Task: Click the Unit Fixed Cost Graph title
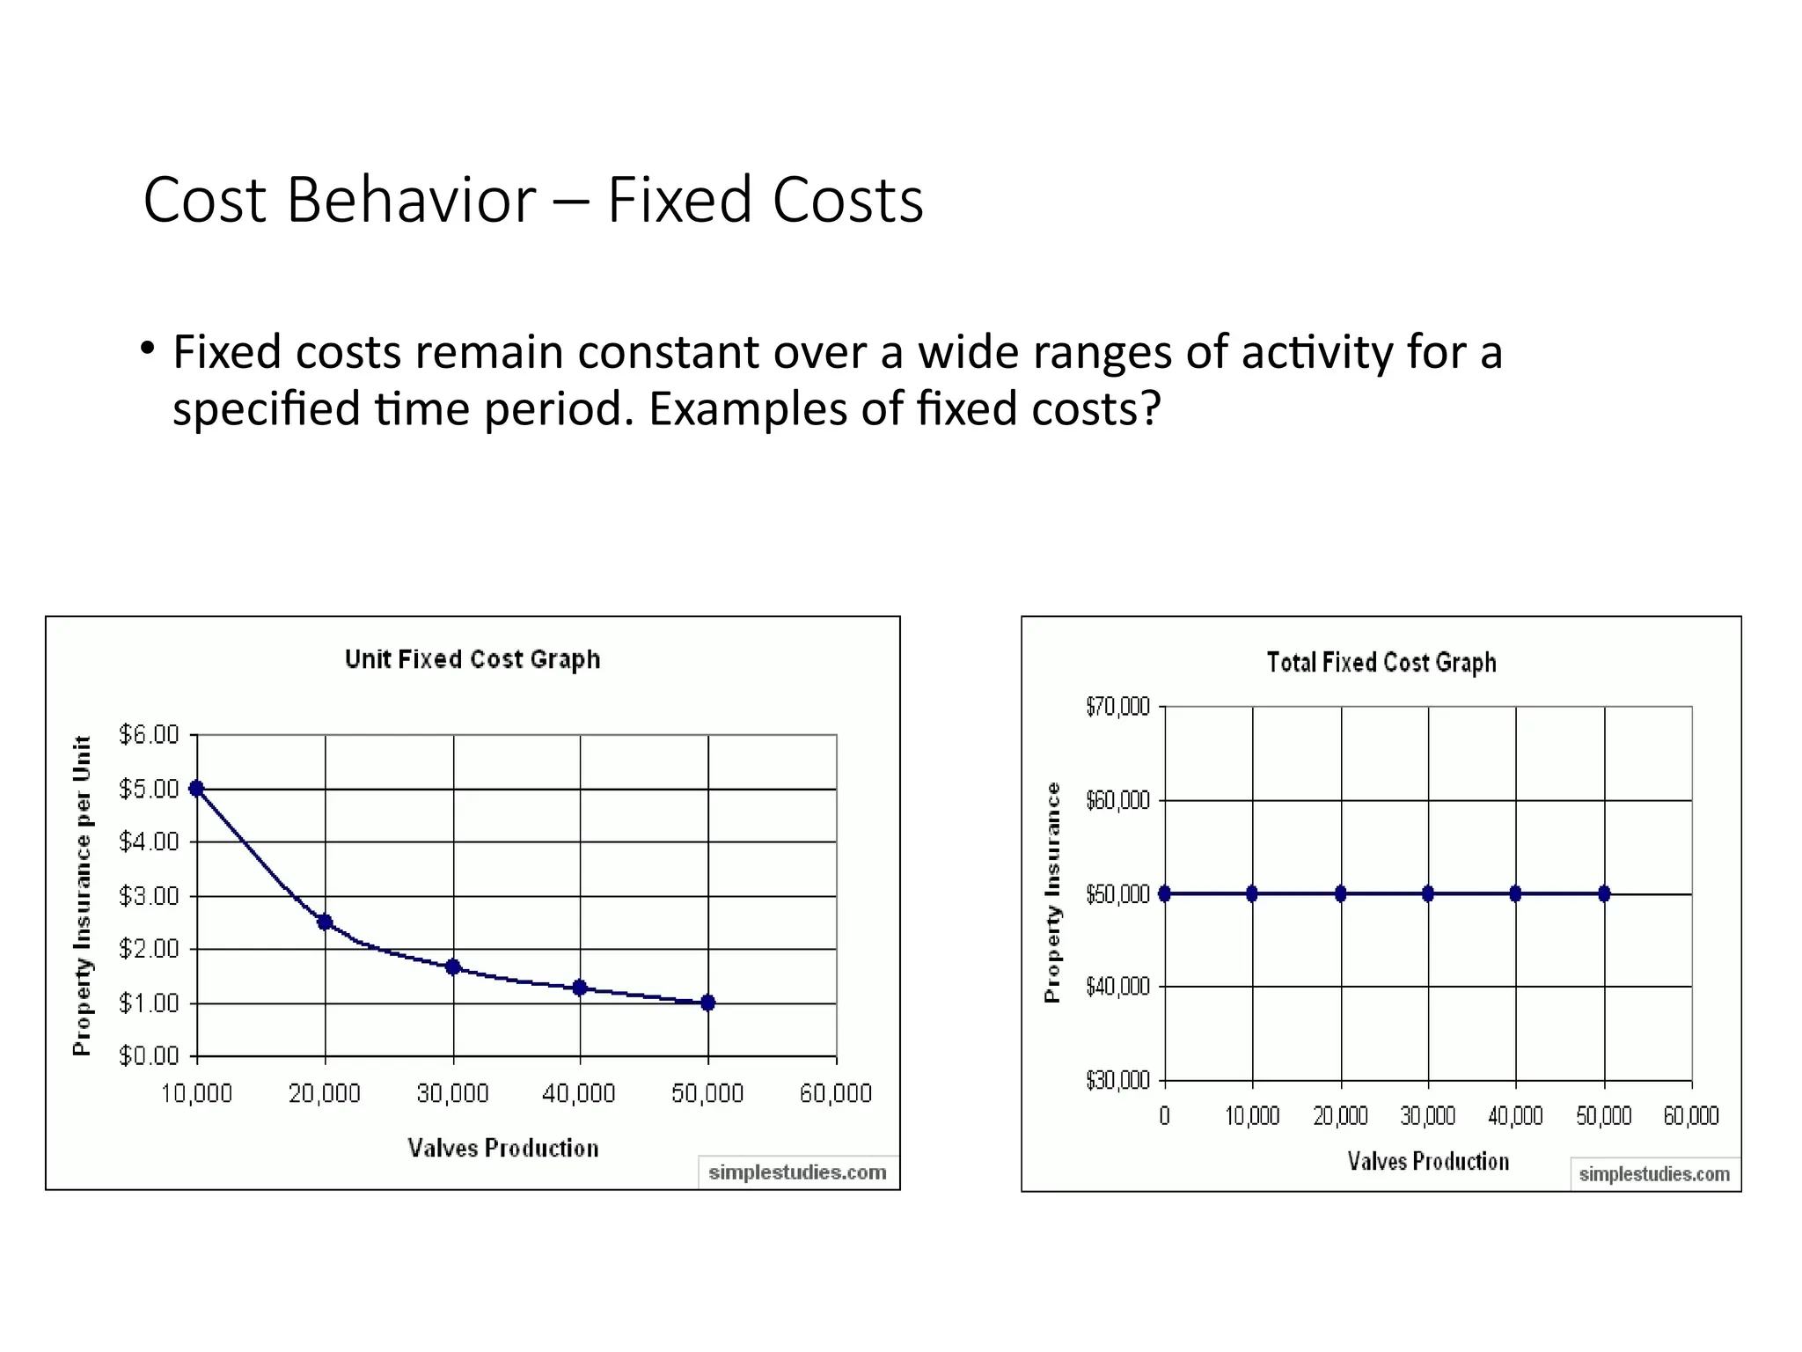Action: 472,659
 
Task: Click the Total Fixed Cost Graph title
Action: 1381,662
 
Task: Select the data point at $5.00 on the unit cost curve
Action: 197,789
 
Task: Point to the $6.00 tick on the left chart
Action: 149,735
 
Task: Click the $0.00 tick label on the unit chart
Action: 149,1055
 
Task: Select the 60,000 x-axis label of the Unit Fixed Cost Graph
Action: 835,1094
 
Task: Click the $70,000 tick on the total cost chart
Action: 1117,707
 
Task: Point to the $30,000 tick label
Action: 1117,1080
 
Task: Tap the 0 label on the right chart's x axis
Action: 1164,1116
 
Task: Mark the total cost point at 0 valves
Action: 1165,893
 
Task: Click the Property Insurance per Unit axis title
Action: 82,895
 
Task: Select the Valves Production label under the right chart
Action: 1427,1162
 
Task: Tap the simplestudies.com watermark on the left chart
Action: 797,1172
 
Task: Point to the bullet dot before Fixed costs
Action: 147,349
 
